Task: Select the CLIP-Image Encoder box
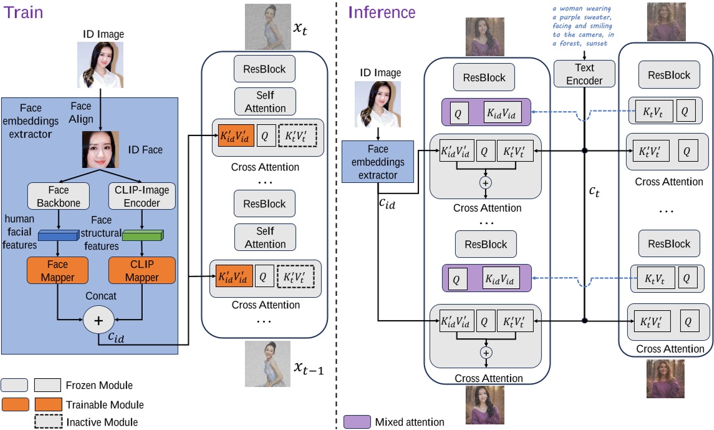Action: (142, 196)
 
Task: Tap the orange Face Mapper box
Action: (57, 271)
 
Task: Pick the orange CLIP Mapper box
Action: (142, 271)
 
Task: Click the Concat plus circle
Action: (98, 320)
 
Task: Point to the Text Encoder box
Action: (584, 74)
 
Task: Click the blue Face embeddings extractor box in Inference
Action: (378, 162)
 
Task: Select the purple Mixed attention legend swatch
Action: (357, 422)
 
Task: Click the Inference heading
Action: (382, 12)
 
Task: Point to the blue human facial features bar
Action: (57, 236)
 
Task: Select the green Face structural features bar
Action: (143, 236)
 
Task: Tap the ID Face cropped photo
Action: (100, 150)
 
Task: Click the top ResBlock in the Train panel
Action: (264, 69)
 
